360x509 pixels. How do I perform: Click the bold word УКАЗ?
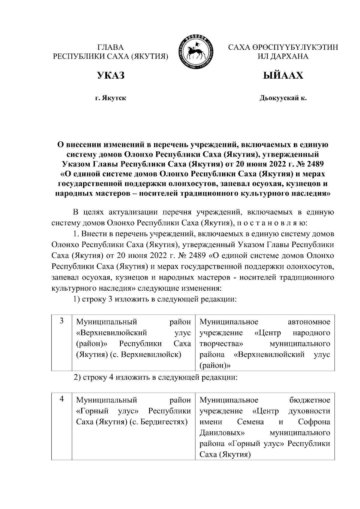pos(110,76)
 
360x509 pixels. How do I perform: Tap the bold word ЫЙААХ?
pos(283,76)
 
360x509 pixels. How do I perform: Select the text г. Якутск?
pos(110,98)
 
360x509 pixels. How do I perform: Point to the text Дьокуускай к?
pos(283,98)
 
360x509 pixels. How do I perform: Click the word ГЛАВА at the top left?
pos(110,47)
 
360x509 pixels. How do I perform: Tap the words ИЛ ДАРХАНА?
pos(283,56)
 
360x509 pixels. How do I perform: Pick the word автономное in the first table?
pos(309,322)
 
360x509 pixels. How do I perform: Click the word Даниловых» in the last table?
pos(222,433)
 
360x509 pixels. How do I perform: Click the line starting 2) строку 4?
pos(155,377)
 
